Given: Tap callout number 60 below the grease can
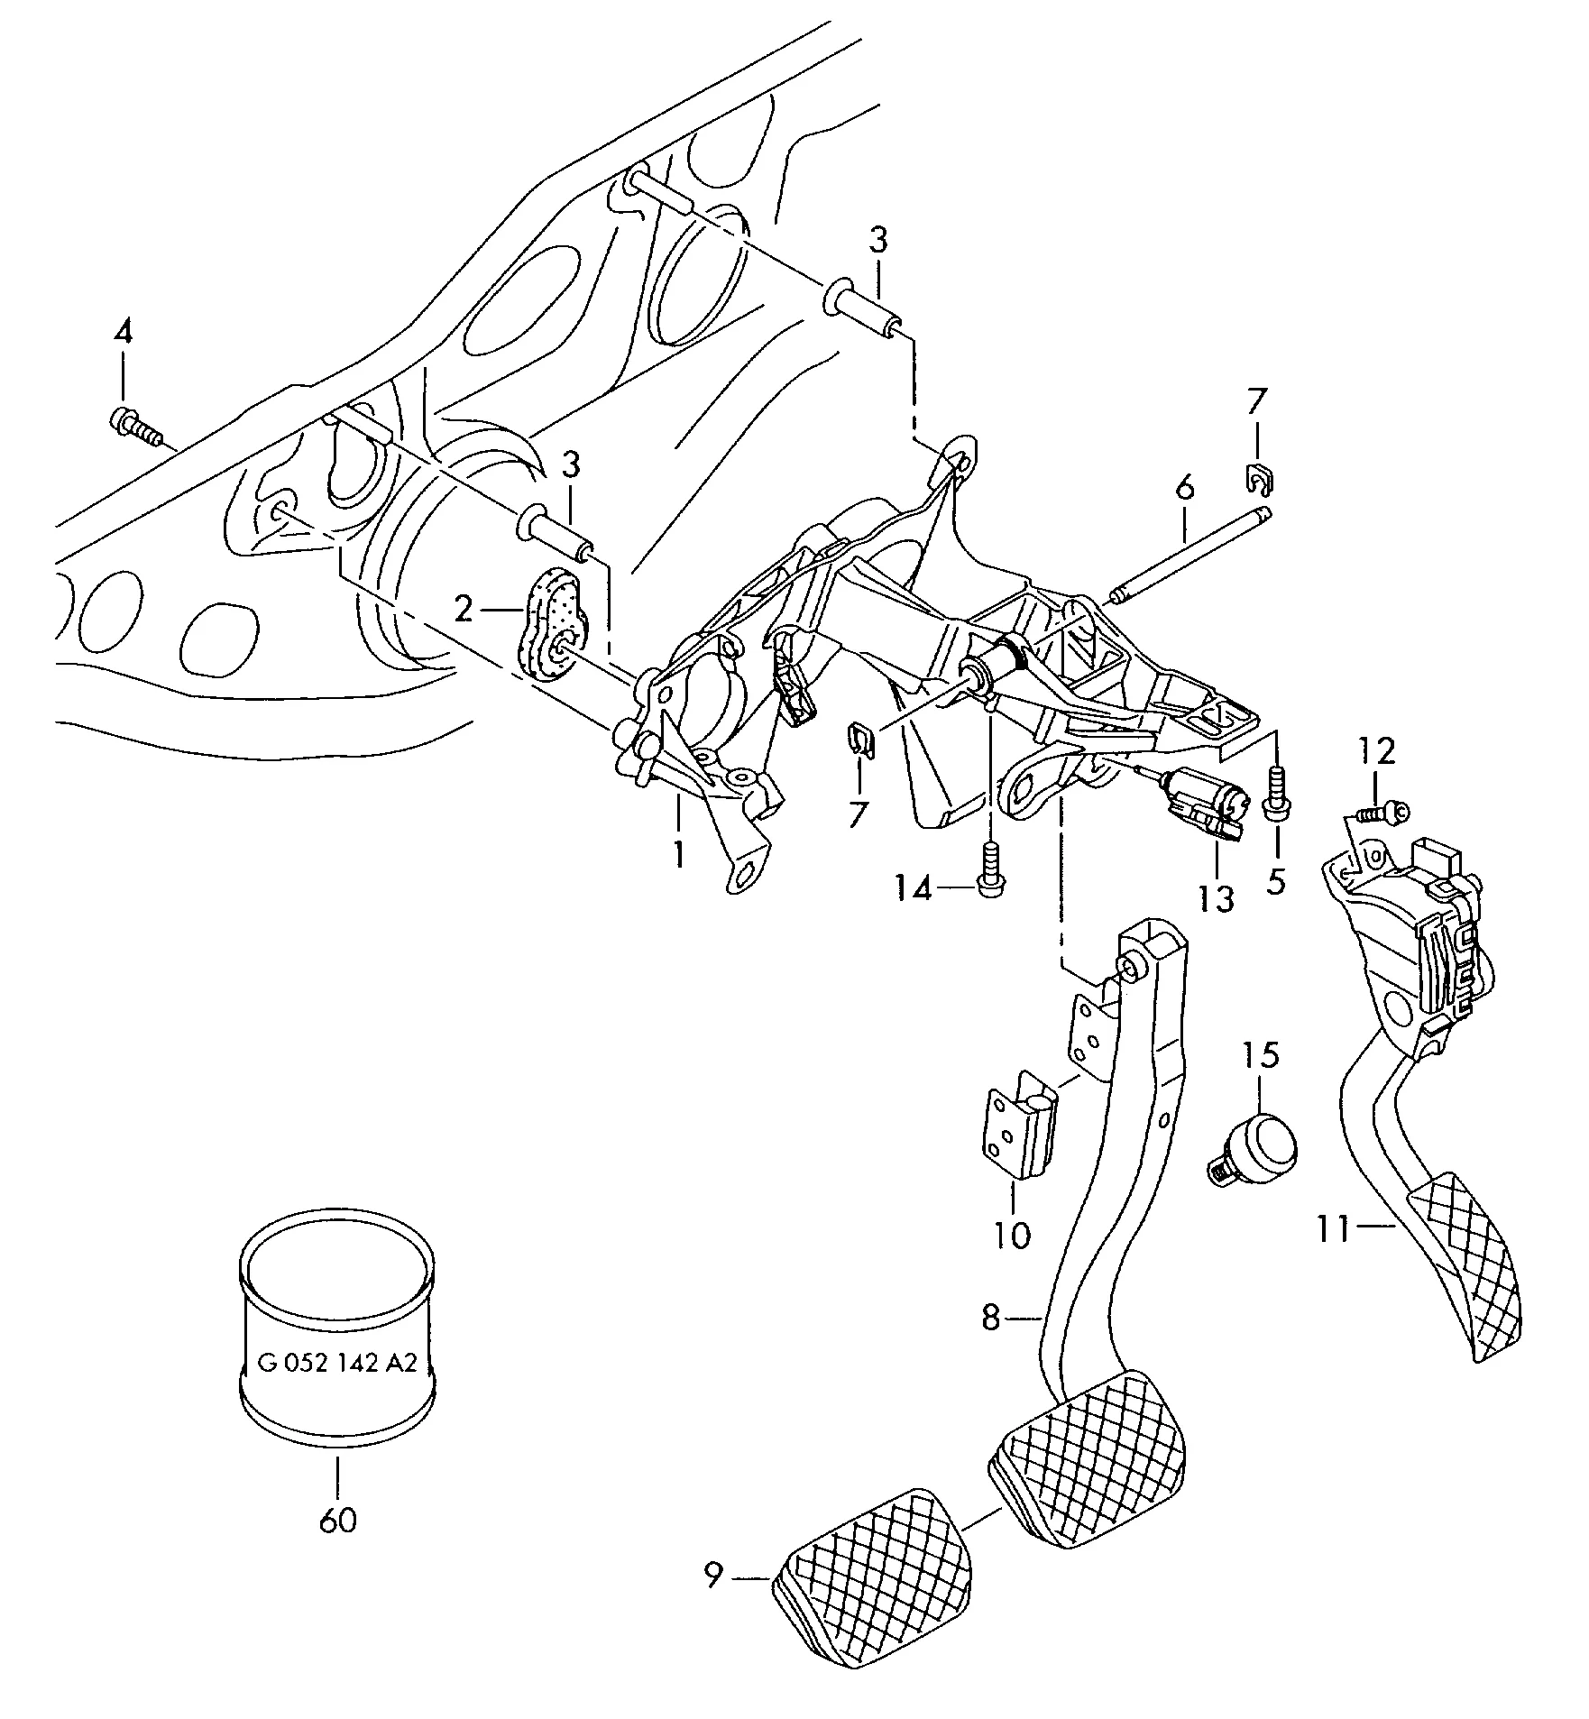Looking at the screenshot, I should coord(338,1520).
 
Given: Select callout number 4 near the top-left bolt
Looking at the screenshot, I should coord(123,332).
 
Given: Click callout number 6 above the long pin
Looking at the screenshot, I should coord(1184,487).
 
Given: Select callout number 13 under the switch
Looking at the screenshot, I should coord(1216,898).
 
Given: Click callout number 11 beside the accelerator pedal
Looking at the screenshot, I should coord(1334,1228).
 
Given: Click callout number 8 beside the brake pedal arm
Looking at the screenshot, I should coord(991,1319).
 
